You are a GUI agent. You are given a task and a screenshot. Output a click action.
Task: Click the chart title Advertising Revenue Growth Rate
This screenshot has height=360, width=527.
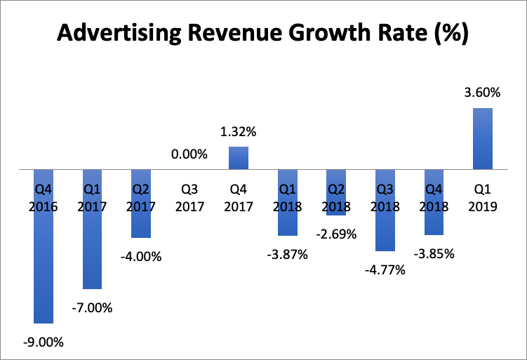pyautogui.click(x=262, y=33)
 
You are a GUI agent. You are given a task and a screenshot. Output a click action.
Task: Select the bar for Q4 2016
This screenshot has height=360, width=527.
pyautogui.click(x=44, y=267)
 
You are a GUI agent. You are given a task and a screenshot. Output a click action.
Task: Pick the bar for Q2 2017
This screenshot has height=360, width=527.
pyautogui.click(x=141, y=221)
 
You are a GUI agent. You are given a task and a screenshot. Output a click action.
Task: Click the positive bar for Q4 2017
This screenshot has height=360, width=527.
pyautogui.click(x=239, y=158)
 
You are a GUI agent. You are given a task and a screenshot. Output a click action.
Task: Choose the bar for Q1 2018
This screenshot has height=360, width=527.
pyautogui.click(x=288, y=221)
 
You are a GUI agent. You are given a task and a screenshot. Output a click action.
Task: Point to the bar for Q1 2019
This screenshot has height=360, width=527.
pyautogui.click(x=483, y=139)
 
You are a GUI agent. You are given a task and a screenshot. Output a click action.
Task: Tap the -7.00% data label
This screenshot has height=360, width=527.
pyautogui.click(x=93, y=307)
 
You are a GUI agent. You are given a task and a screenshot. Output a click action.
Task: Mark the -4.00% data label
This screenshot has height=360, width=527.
pyautogui.click(x=141, y=257)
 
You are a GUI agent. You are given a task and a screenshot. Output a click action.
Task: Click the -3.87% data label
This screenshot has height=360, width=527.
pyautogui.click(x=288, y=254)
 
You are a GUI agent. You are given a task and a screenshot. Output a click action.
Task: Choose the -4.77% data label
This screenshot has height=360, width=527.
pyautogui.click(x=385, y=269)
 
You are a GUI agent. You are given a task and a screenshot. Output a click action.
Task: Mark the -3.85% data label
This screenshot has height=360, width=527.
pyautogui.click(x=434, y=253)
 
